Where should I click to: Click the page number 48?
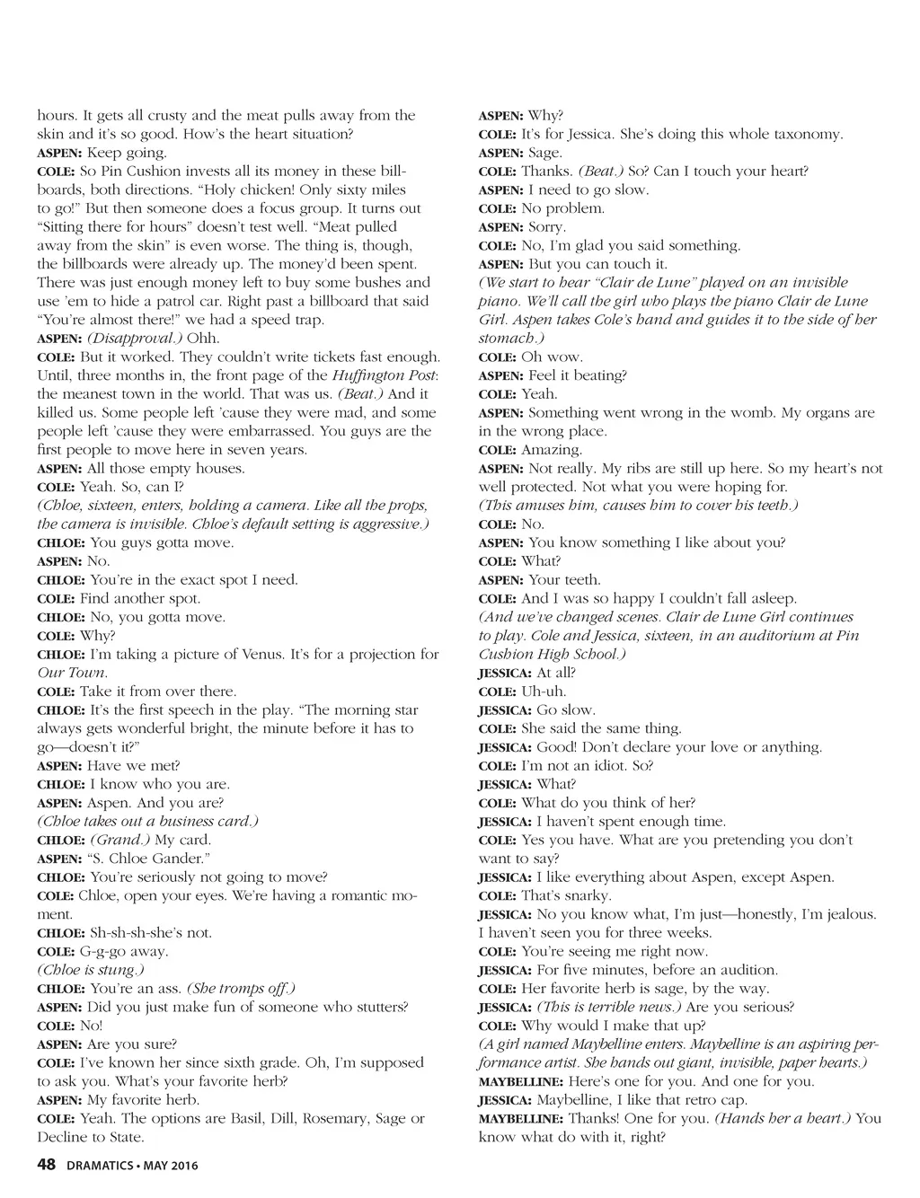pyautogui.click(x=47, y=1166)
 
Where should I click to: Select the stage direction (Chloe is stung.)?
pyautogui.click(x=91, y=970)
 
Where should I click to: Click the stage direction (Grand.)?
pyautogui.click(x=120, y=840)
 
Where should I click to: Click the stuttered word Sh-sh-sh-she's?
pyautogui.click(x=134, y=933)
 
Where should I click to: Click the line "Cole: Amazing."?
pyautogui.click(x=530, y=450)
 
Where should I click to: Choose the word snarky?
pyautogui.click(x=586, y=895)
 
